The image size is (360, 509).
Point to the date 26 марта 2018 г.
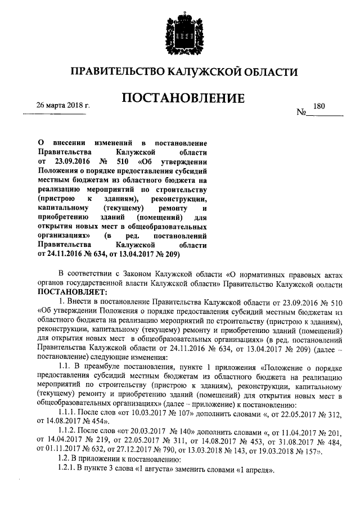pyautogui.click(x=63, y=105)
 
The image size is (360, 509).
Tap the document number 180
pyautogui.click(x=319, y=106)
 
